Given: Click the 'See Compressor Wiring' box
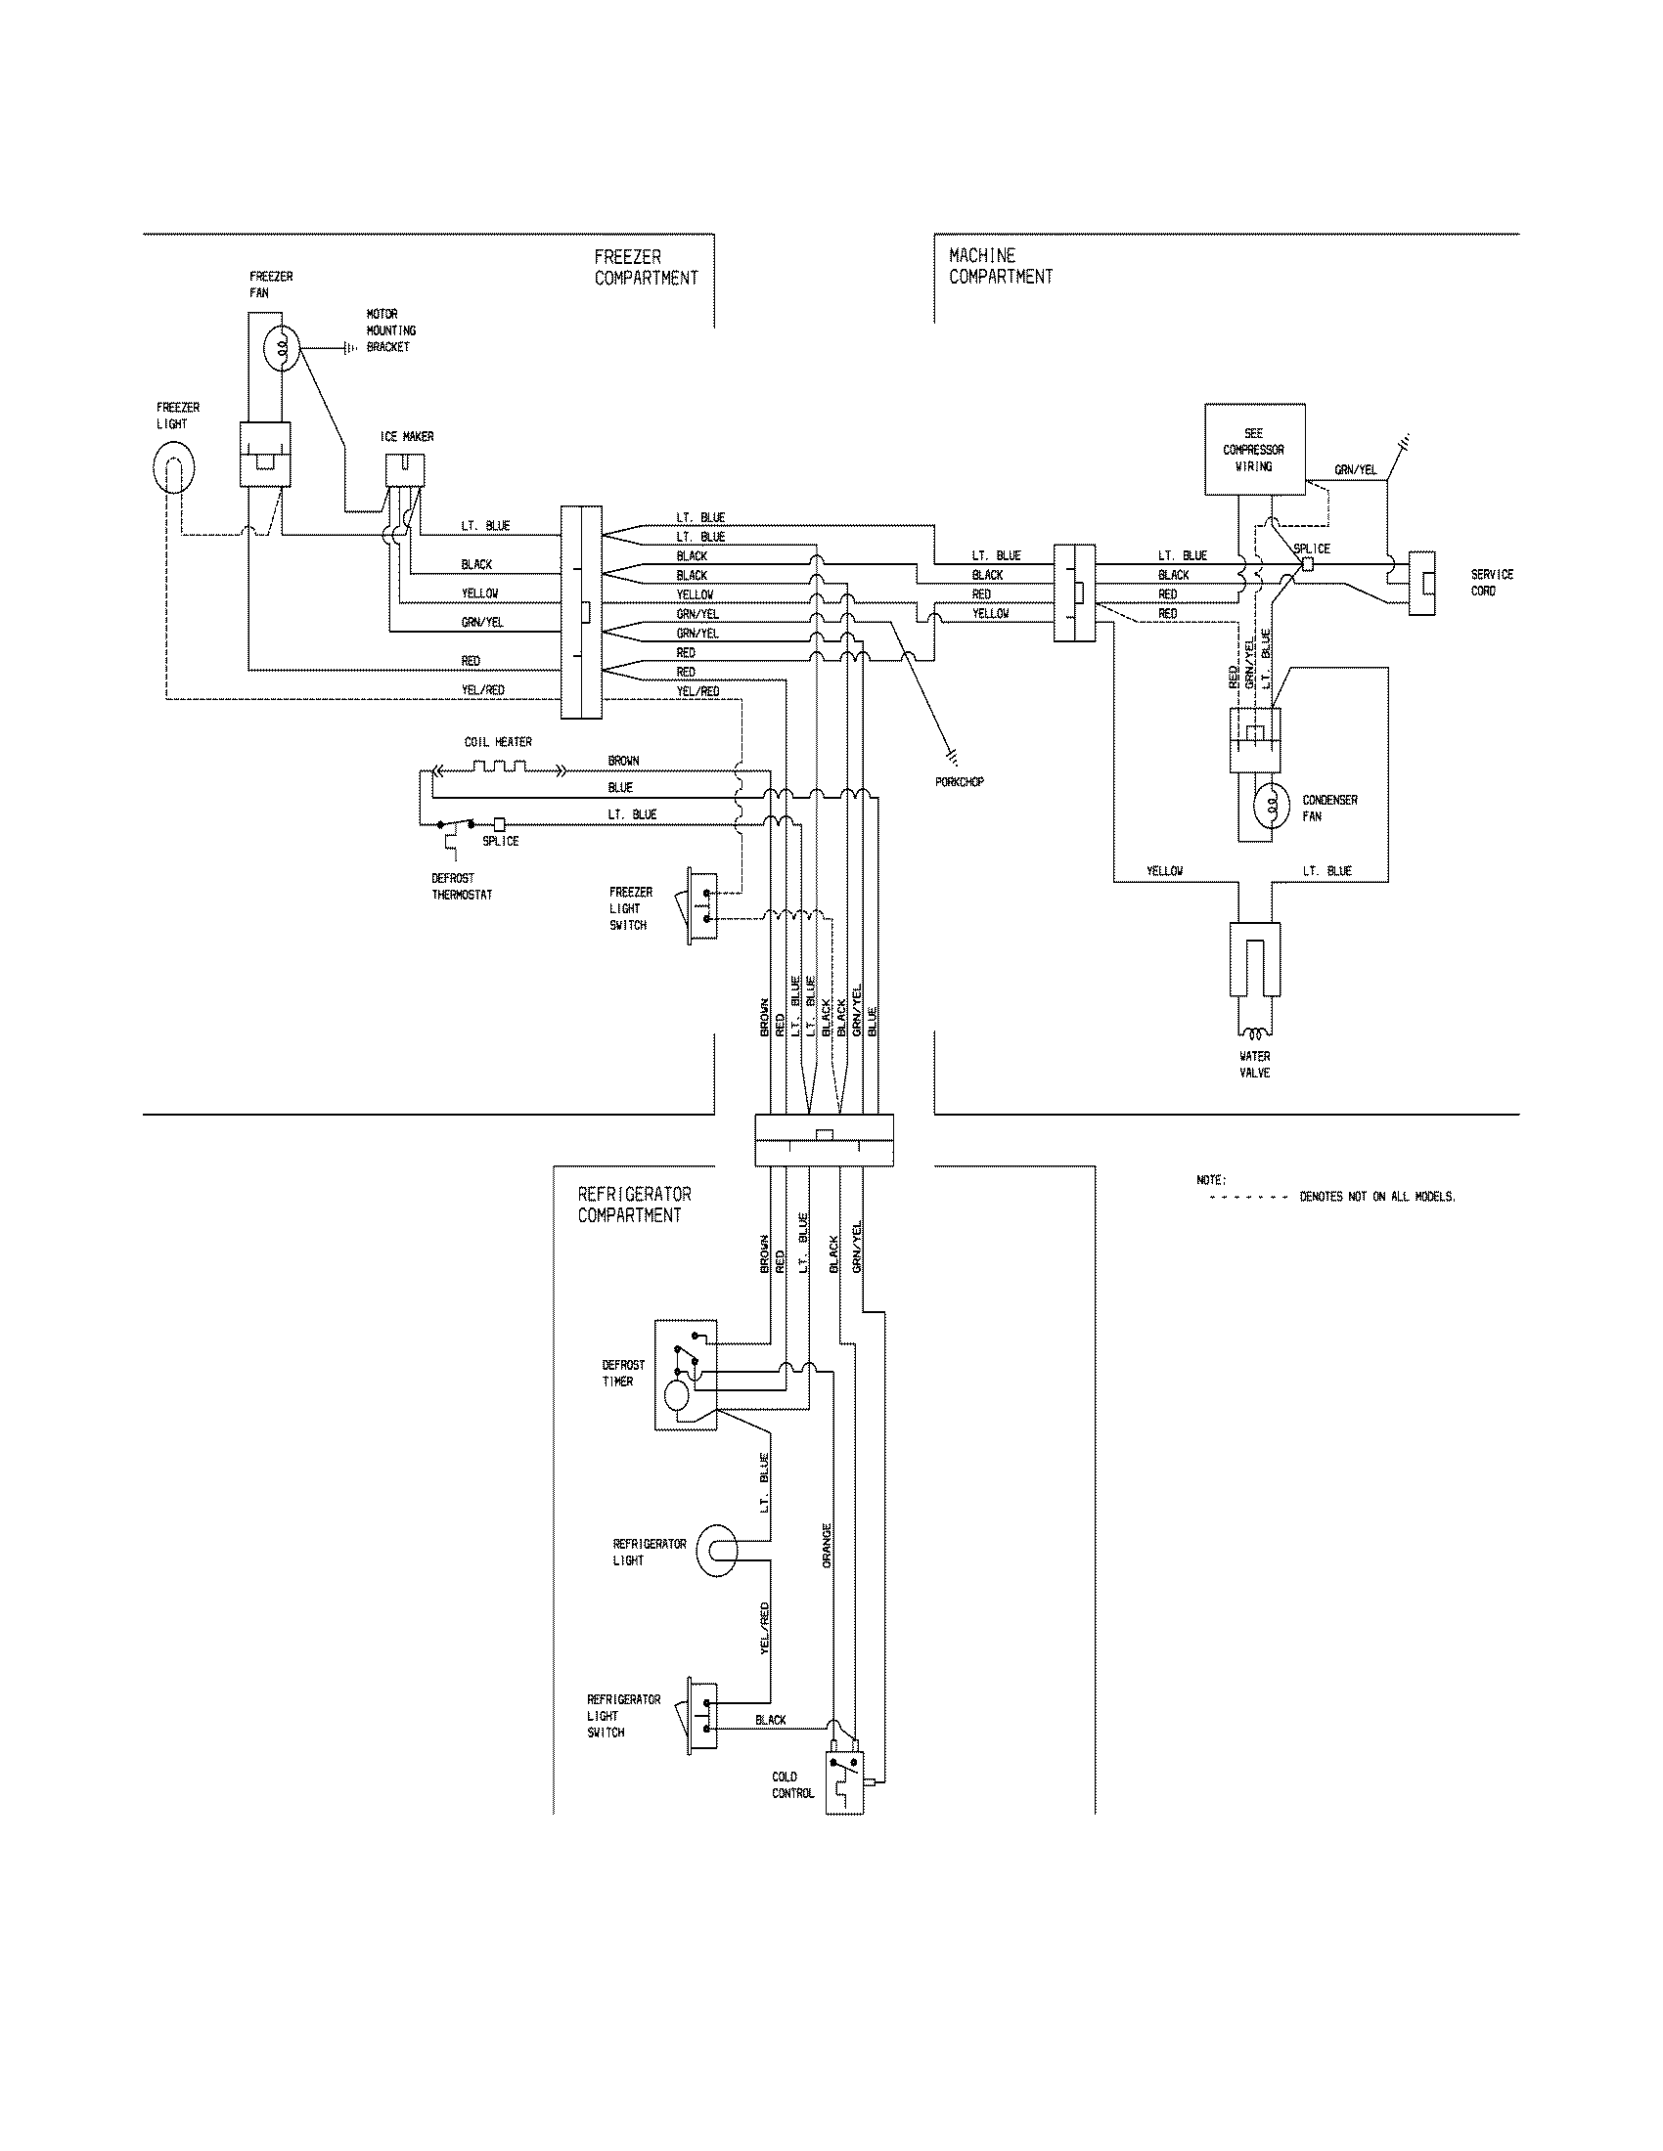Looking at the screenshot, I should [1254, 449].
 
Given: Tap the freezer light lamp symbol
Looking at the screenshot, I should [173, 468].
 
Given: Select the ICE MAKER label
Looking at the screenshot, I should [407, 436].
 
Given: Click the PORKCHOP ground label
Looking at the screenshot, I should [959, 781].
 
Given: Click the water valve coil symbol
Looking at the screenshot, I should [1255, 1034].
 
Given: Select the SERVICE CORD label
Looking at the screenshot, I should [1491, 582].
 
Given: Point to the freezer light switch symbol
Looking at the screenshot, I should [701, 907].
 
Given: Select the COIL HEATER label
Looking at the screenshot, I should [498, 742].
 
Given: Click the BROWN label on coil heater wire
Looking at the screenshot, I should [622, 761].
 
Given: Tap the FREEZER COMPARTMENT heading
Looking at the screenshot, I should [646, 267].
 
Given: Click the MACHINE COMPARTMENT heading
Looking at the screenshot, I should [1000, 266].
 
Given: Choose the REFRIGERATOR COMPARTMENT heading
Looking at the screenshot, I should [635, 1204].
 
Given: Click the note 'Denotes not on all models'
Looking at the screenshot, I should [1376, 1197].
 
